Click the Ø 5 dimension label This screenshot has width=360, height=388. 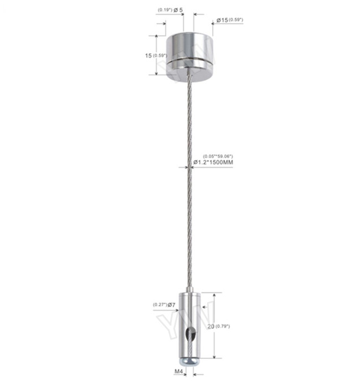179,10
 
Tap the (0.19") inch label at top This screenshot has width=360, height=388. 164,10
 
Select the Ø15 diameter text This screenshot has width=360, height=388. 222,20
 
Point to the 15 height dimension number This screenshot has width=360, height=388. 148,55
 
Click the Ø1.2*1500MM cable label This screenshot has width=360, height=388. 213,162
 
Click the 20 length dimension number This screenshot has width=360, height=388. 211,326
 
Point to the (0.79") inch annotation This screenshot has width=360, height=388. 223,326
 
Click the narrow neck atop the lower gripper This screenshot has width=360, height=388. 190,289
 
